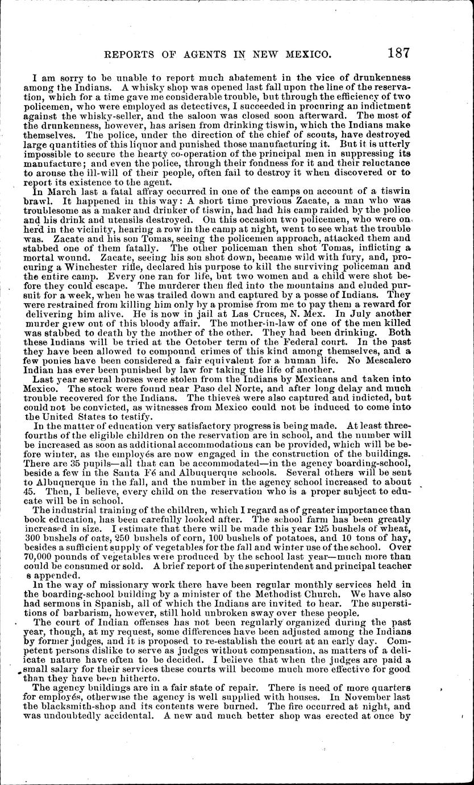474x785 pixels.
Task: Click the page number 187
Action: (398, 53)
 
